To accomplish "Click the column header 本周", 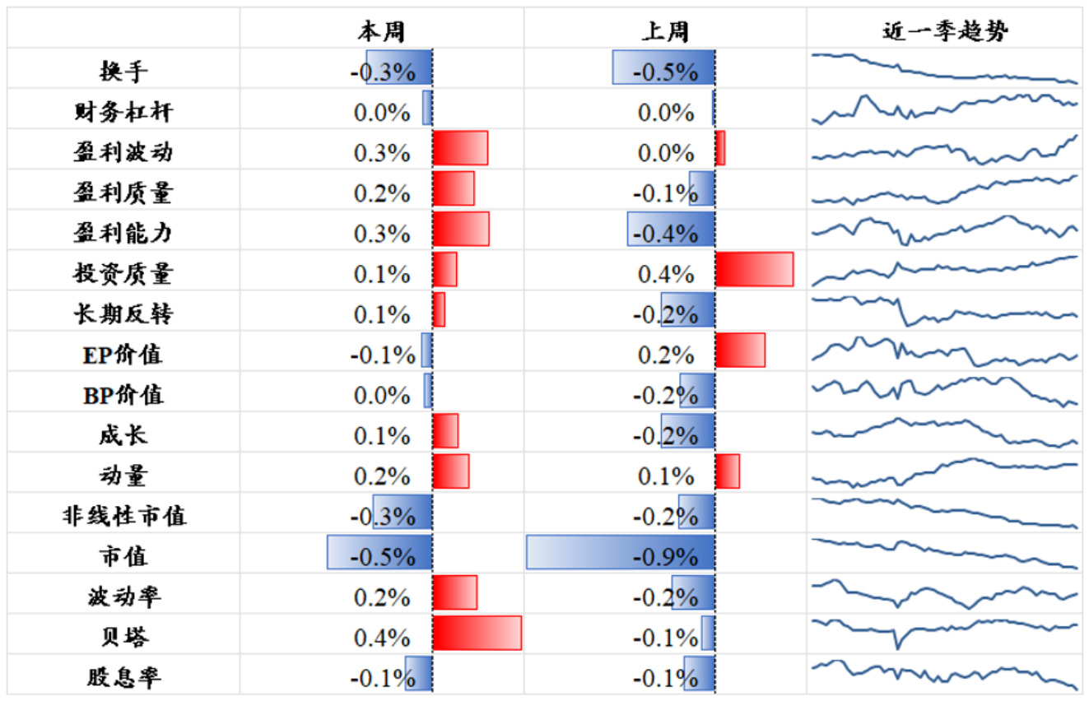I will (x=381, y=31).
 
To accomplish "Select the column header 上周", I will (x=665, y=31).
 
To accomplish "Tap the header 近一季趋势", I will (x=946, y=31).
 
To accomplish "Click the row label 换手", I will (x=123, y=72).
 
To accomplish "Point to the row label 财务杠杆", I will (x=123, y=112).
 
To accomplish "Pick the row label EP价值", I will (x=123, y=355).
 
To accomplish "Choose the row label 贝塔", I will (x=123, y=637).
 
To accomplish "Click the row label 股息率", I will (x=123, y=677).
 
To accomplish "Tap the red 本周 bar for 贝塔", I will (x=477, y=633).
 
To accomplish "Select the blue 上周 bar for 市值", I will (x=621, y=552).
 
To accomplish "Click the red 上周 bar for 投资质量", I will (x=754, y=270).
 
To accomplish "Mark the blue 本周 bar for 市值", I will (x=379, y=552).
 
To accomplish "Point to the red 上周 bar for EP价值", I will (x=740, y=350).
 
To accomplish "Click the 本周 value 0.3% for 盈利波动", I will (x=382, y=153).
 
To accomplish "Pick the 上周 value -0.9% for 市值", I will (x=665, y=557).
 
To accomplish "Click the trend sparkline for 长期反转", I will (x=945, y=311).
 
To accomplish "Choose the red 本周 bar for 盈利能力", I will (x=461, y=229).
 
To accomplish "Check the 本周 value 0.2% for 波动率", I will (x=382, y=597).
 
